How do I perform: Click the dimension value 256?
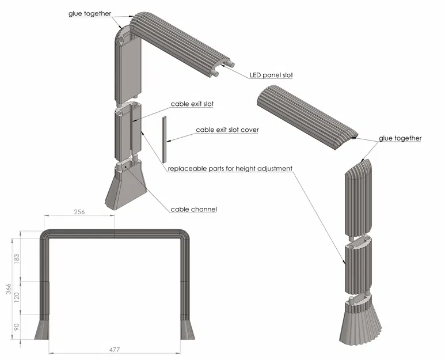pos(79,212)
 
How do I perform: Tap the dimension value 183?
pos(17,257)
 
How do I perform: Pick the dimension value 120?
pos(17,298)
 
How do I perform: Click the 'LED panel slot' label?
pos(272,75)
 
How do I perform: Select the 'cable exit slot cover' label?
pos(227,130)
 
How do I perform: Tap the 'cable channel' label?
pos(194,209)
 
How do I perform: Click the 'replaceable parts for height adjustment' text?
pos(230,169)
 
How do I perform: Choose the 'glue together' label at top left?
pos(90,13)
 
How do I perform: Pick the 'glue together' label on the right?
pos(400,138)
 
